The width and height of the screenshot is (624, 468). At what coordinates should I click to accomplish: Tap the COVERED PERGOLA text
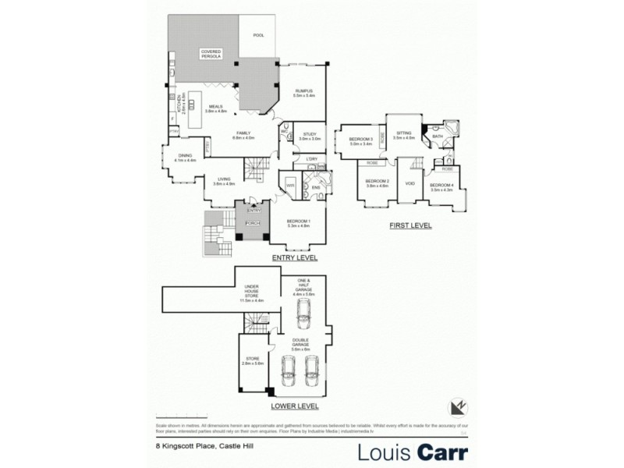[211, 54]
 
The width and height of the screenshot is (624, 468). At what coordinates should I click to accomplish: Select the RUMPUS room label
[303, 93]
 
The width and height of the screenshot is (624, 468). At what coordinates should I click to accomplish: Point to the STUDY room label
[310, 135]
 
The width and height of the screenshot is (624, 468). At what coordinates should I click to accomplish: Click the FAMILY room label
[245, 134]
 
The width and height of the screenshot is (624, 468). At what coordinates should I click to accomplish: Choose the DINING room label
[185, 156]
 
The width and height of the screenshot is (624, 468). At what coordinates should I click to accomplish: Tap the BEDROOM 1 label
[299, 223]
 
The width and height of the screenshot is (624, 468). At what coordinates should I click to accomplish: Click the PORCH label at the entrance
[252, 223]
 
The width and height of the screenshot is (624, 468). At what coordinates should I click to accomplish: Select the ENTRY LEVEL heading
[293, 257]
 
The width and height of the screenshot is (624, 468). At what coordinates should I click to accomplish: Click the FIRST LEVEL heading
[410, 225]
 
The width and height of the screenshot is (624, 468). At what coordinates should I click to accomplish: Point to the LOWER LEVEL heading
[293, 406]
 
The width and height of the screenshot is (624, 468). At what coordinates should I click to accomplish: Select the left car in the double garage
[288, 373]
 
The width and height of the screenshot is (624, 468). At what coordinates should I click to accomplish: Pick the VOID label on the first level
[409, 183]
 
